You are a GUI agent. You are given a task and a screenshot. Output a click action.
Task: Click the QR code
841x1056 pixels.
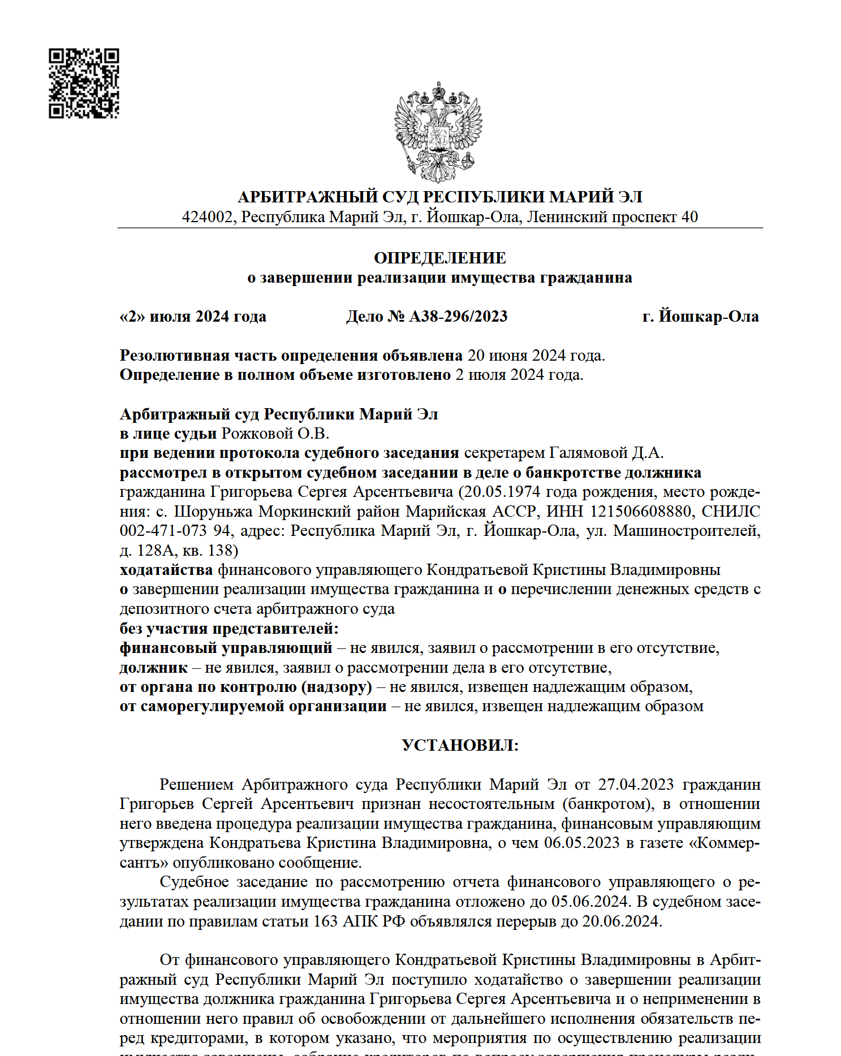(84, 83)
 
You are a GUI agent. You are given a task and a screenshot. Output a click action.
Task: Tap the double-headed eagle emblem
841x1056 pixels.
(438, 132)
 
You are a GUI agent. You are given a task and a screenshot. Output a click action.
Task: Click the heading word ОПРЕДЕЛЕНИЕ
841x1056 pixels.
(439, 258)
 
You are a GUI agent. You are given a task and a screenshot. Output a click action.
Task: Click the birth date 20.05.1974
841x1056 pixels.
(502, 492)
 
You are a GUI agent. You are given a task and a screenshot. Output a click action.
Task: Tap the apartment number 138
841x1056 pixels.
(221, 551)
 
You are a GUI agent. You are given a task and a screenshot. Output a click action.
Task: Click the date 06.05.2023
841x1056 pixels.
(582, 843)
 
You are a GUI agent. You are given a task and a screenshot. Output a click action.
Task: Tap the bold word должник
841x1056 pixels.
(153, 668)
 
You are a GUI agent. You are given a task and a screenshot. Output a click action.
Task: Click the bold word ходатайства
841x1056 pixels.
(166, 570)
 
